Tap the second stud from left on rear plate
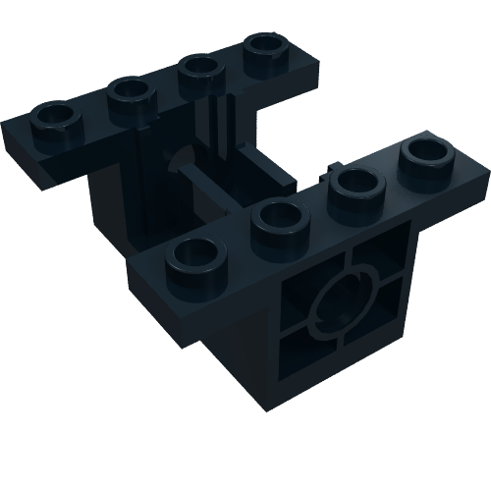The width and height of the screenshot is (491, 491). tap(127, 93)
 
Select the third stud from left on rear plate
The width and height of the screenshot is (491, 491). tap(200, 69)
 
